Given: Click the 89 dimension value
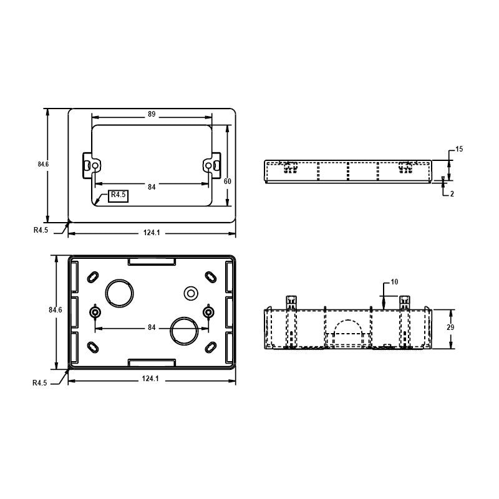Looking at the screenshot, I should pyautogui.click(x=152, y=115).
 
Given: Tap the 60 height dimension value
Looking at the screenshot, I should pyautogui.click(x=228, y=181).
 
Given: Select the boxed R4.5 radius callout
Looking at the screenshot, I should pyautogui.click(x=118, y=195).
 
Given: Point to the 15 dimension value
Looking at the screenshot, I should pyautogui.click(x=458, y=149).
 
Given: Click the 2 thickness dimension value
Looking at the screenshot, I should pyautogui.click(x=452, y=194).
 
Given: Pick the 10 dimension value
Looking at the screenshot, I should pyautogui.click(x=394, y=282).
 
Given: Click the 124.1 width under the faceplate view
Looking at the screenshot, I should pyautogui.click(x=152, y=233).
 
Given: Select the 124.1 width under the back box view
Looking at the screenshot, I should pyautogui.click(x=152, y=379).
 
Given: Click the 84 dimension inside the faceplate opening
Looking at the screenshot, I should pyautogui.click(x=152, y=186).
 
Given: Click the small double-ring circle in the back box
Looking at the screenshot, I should pyautogui.click(x=190, y=292).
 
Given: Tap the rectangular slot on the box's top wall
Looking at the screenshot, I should pyautogui.click(x=152, y=262).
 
